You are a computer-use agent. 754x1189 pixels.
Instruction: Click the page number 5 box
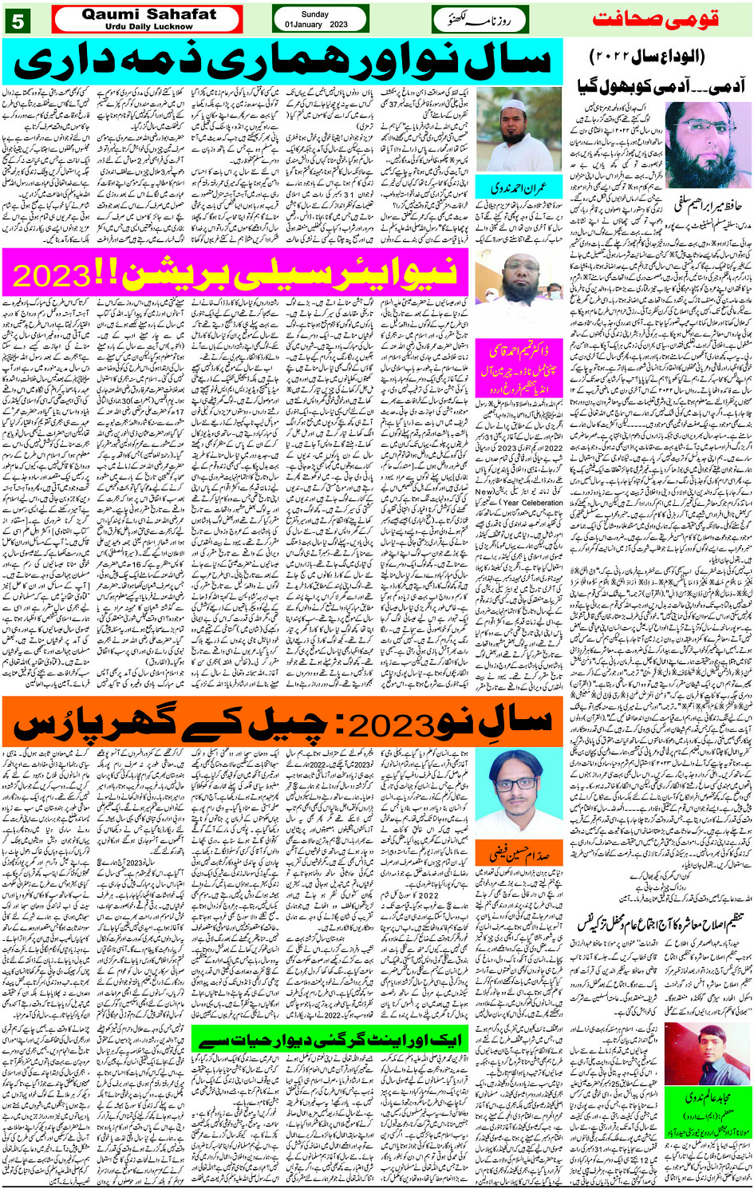click(x=18, y=20)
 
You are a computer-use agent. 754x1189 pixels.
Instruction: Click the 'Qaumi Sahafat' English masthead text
click(x=148, y=14)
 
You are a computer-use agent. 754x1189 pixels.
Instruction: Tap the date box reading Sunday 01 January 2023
click(x=318, y=19)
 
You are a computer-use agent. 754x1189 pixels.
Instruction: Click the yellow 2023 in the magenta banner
click(x=53, y=275)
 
